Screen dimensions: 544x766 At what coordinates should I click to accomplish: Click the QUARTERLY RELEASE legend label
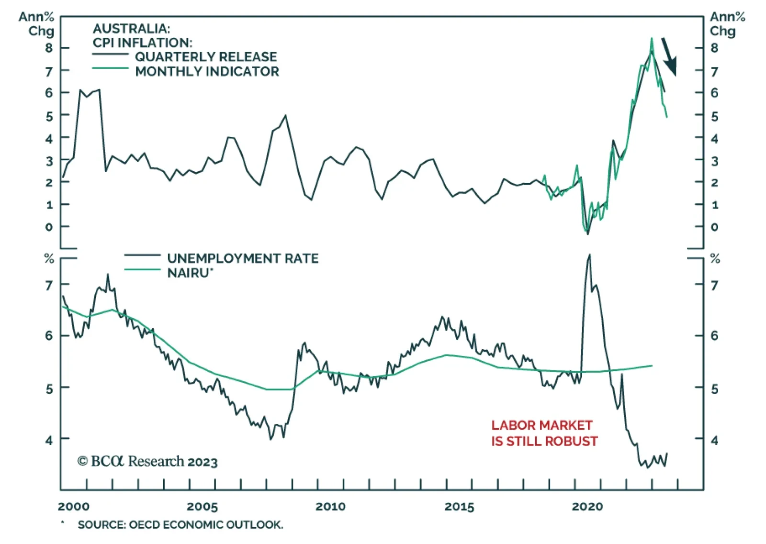206,57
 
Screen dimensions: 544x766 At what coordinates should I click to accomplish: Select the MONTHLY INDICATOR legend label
207,72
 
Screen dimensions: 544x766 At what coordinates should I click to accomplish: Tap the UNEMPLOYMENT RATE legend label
243,258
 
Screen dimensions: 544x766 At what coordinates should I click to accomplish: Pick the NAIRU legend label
190,273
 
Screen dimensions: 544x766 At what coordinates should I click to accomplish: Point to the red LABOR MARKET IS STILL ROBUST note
544,433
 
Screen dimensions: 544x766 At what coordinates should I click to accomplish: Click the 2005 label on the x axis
202,507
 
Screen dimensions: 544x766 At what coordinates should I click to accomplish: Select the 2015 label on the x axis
459,507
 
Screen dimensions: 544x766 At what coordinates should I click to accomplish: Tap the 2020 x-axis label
587,507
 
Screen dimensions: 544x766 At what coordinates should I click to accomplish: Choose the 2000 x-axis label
74,507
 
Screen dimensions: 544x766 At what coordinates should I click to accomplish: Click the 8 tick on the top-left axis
49,48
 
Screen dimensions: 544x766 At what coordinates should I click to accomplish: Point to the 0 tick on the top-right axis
714,227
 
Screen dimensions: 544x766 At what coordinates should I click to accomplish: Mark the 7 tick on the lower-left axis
49,286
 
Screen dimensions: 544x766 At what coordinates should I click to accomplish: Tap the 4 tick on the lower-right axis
714,440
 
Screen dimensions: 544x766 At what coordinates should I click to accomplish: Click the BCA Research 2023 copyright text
147,461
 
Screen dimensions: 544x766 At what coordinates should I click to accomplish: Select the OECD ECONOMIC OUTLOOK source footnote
180,525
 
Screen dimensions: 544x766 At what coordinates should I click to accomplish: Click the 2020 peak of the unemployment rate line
589,255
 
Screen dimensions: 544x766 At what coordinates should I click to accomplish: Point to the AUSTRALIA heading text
131,29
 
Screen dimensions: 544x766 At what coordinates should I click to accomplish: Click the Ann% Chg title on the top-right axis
727,24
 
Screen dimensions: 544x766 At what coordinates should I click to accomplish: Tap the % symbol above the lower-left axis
49,259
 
